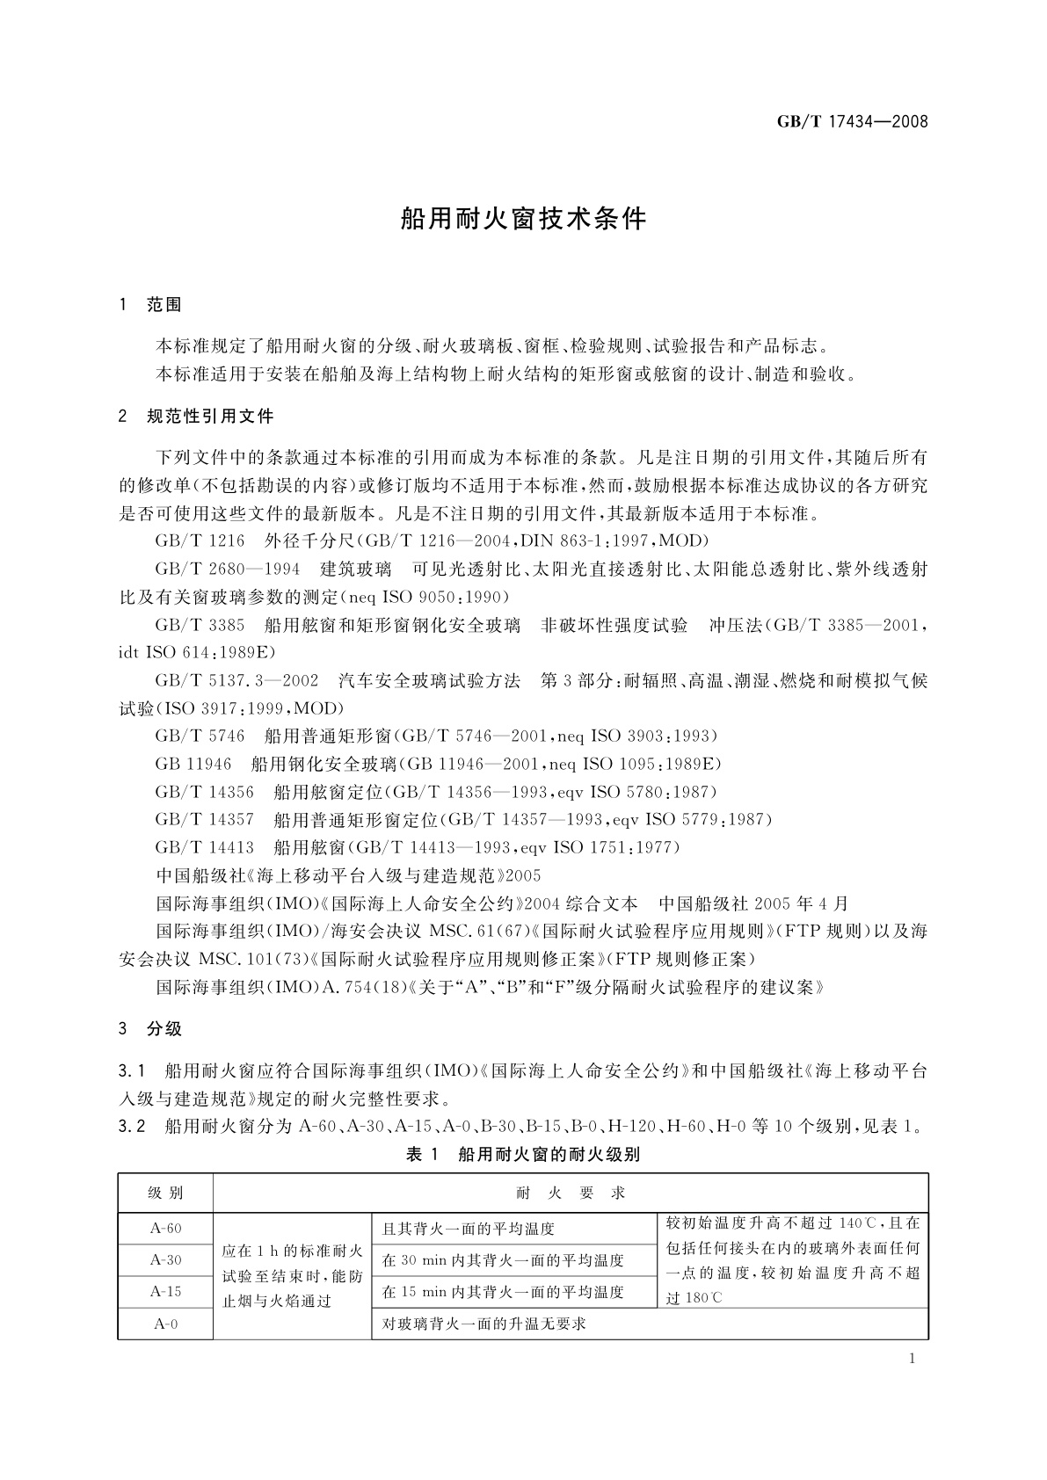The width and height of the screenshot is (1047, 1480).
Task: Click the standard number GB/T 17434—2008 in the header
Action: (852, 121)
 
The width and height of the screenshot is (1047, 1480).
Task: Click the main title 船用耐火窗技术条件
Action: (523, 219)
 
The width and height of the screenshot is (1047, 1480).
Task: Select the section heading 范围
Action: (164, 305)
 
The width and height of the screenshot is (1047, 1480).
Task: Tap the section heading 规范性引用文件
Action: (210, 416)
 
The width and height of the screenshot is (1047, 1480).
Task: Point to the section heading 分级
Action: (164, 1029)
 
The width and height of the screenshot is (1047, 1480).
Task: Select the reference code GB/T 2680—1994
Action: (227, 570)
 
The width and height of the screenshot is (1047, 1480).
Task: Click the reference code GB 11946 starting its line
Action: (193, 764)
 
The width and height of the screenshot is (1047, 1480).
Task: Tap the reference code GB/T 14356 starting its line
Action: (204, 792)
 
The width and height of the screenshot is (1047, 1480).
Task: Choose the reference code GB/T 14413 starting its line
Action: (204, 847)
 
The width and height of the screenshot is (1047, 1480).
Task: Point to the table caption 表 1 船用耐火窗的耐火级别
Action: (523, 1155)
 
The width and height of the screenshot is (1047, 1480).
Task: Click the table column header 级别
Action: (165, 1193)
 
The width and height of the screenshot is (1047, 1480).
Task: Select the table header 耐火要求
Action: (571, 1193)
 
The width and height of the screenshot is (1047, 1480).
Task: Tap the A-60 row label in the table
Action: (165, 1229)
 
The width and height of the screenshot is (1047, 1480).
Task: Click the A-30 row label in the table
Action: (165, 1260)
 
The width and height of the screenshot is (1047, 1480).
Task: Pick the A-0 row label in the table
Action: (165, 1324)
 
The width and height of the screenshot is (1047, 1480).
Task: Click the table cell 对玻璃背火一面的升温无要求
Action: (484, 1324)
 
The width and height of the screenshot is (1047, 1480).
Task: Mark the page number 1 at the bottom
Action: (912, 1360)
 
